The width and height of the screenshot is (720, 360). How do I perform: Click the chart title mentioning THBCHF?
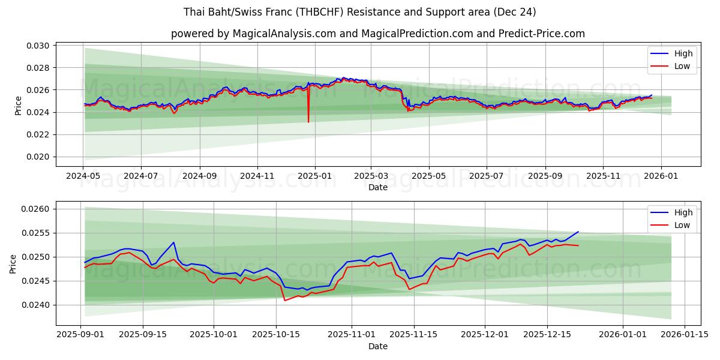[360, 12]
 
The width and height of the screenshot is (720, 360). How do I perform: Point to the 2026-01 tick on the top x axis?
[661, 176]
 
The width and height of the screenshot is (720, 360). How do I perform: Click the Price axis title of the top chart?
[18, 106]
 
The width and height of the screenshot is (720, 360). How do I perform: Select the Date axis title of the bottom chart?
[378, 346]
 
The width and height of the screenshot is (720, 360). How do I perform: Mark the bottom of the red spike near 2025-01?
[308, 122]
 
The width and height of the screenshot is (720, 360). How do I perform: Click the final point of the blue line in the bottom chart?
[578, 232]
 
